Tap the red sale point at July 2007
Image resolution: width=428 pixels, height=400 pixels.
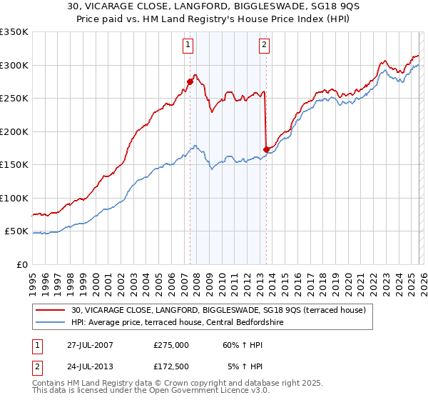pos(190,81)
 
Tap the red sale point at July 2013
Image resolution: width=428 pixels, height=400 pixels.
pos(266,149)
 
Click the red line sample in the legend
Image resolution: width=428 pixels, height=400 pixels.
pos(51,310)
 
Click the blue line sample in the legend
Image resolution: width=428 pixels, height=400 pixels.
pos(51,322)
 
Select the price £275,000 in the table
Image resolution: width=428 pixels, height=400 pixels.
pos(172,344)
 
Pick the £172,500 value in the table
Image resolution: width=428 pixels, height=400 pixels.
pos(172,366)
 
